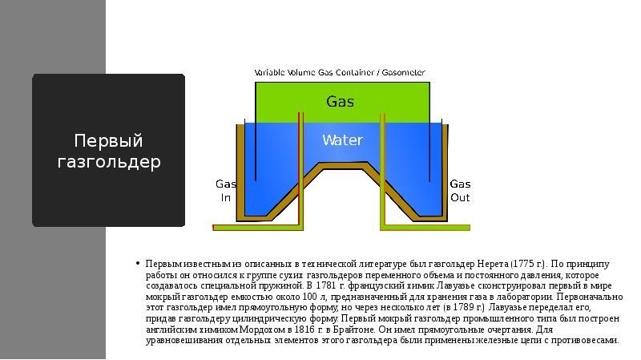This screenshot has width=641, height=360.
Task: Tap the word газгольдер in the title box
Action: coord(109,162)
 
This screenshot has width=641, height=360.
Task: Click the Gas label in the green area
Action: coord(340,102)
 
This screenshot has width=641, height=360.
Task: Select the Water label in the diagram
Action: coord(342,140)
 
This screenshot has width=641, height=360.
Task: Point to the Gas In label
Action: coord(225,190)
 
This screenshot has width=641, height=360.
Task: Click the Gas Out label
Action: coord(460,190)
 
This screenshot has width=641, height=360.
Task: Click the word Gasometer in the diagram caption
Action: coord(403,72)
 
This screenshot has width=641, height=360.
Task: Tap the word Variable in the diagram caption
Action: coord(270,72)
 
